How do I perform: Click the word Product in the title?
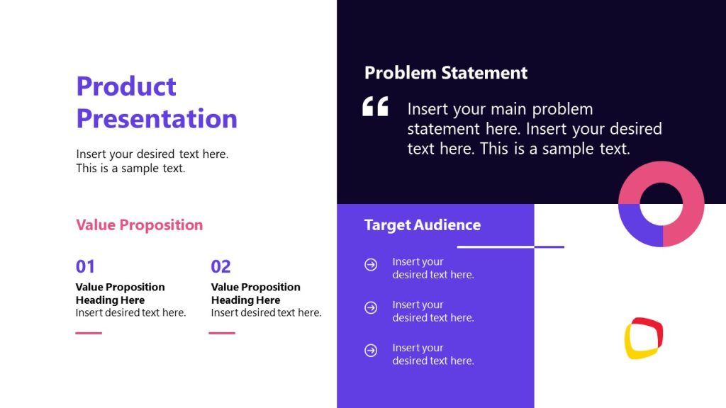click(126, 86)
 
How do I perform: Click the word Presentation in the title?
click(157, 118)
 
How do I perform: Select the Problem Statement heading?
click(445, 73)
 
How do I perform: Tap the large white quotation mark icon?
click(375, 107)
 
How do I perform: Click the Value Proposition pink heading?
click(139, 225)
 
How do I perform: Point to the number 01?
click(85, 267)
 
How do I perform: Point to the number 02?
click(220, 267)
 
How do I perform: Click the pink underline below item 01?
click(89, 333)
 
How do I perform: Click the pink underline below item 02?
click(222, 333)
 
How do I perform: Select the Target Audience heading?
click(422, 225)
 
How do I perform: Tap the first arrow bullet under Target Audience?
click(371, 265)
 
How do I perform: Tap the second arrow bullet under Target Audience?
click(371, 308)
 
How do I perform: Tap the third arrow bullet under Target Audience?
click(371, 351)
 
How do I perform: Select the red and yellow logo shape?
click(644, 338)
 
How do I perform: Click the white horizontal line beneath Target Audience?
click(496, 247)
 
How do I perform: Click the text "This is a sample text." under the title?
click(130, 169)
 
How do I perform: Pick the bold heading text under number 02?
click(255, 293)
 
